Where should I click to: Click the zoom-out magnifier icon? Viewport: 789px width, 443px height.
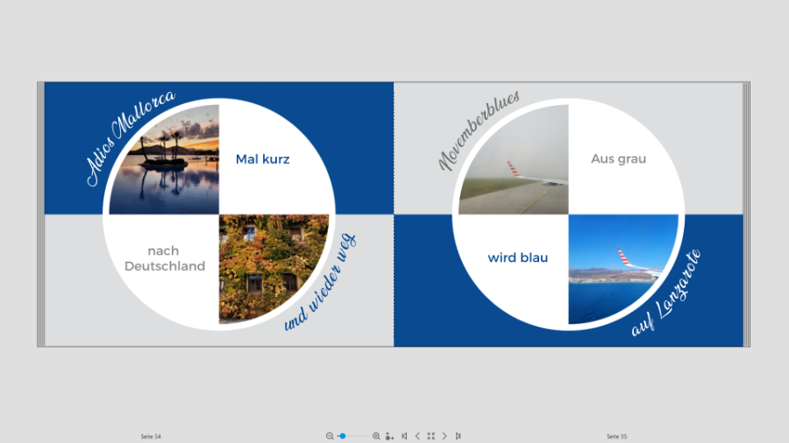pyautogui.click(x=330, y=436)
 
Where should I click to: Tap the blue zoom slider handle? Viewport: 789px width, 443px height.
pyautogui.click(x=343, y=436)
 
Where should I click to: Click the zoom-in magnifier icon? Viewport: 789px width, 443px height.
pyautogui.click(x=376, y=436)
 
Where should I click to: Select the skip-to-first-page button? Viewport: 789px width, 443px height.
pyautogui.click(x=404, y=436)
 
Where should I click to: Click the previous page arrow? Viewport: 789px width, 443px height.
pyautogui.click(x=417, y=436)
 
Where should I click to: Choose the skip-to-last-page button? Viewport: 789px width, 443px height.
pyautogui.click(x=458, y=436)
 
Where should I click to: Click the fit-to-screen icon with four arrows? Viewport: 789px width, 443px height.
pyautogui.click(x=430, y=436)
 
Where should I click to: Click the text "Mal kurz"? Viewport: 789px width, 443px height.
pyautogui.click(x=263, y=159)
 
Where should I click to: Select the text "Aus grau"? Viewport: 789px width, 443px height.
pyautogui.click(x=618, y=158)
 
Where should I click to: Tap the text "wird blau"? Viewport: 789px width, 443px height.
pyautogui.click(x=518, y=257)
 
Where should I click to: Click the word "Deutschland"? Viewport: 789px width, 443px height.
pyautogui.click(x=165, y=266)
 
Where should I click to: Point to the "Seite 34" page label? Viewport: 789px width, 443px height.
pyautogui.click(x=151, y=437)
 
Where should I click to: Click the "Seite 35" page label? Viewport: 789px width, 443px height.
pyautogui.click(x=617, y=437)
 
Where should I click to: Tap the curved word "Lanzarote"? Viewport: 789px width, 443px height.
pyautogui.click(x=679, y=284)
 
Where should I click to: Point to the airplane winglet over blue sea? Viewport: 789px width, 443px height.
pyautogui.click(x=624, y=257)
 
